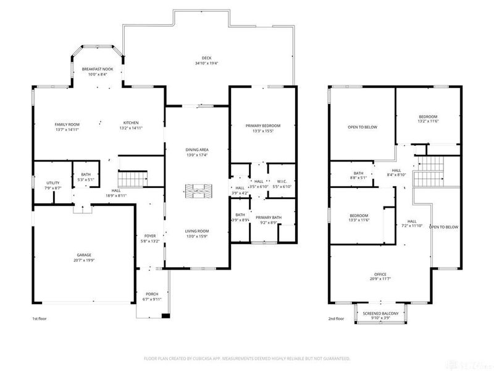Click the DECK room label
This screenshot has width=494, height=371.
[x=198, y=58]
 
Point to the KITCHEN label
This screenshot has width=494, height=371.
[x=130, y=122]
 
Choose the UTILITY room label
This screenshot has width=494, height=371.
[x=53, y=182]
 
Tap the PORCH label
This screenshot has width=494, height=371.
[x=152, y=294]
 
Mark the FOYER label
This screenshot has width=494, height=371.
[x=150, y=236]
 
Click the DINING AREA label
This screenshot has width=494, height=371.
[x=198, y=150]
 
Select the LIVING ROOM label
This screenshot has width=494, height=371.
[x=198, y=231]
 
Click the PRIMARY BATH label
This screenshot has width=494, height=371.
[x=269, y=218]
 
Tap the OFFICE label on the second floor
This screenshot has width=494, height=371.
[x=380, y=275]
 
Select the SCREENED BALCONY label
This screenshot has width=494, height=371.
[x=381, y=313]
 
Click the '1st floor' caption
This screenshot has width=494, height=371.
[x=40, y=319]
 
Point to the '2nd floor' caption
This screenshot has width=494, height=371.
[x=336, y=319]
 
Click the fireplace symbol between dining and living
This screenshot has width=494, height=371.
[x=198, y=190]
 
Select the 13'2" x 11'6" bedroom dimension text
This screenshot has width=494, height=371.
[x=428, y=122]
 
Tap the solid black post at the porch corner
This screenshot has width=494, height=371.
[x=164, y=317]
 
